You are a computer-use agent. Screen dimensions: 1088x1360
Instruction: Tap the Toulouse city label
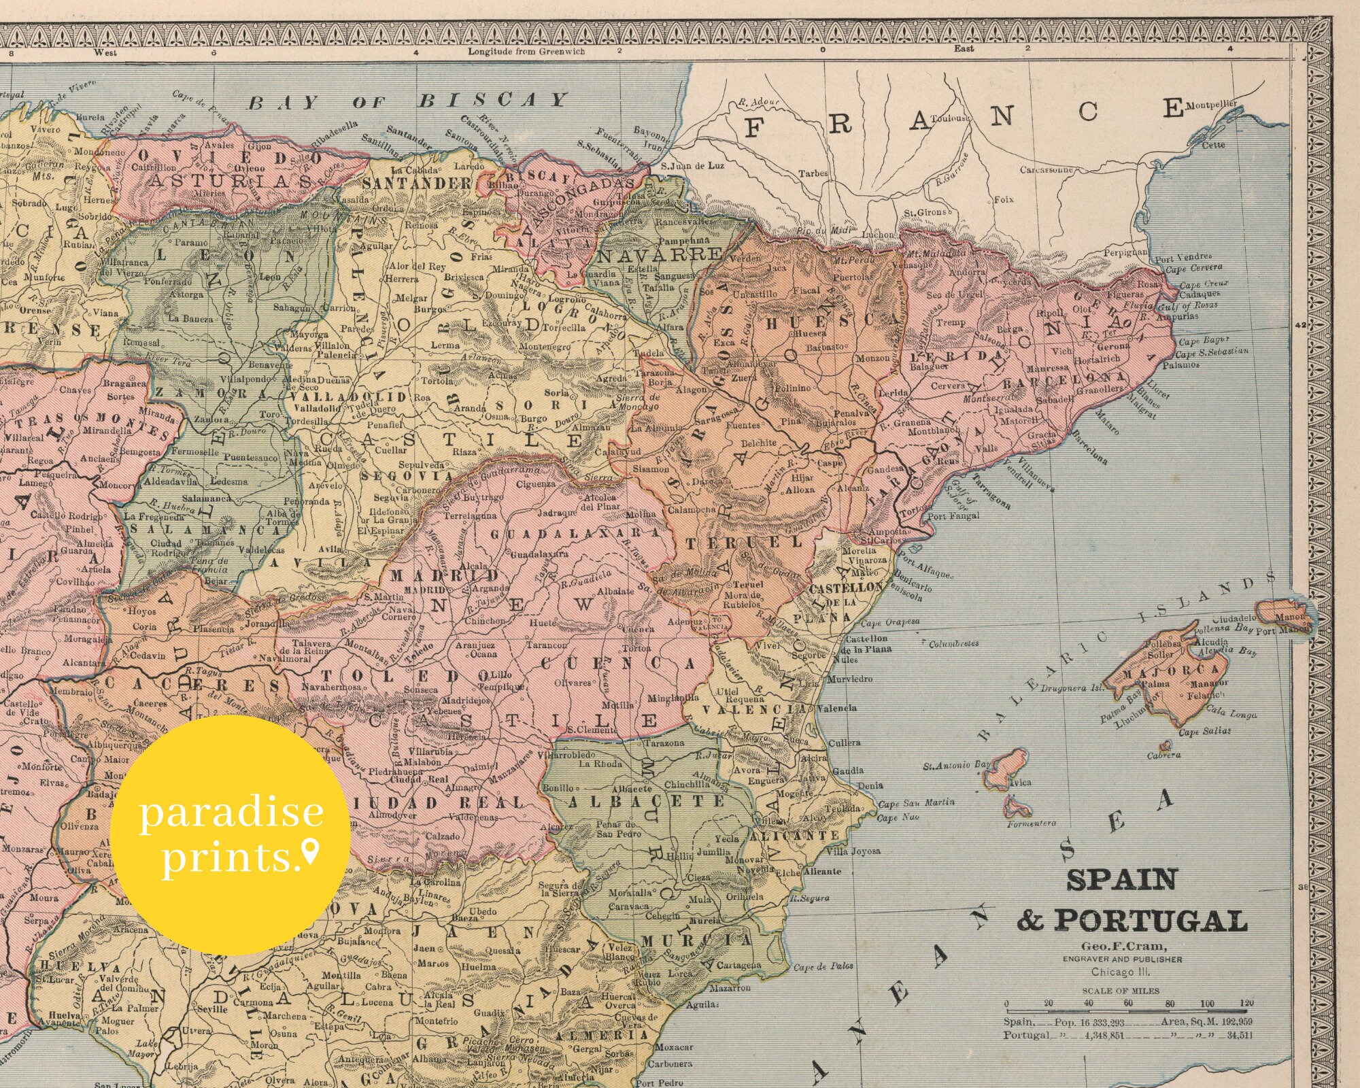[x=950, y=118]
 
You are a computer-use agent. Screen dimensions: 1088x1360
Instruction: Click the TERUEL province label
[x=745, y=543]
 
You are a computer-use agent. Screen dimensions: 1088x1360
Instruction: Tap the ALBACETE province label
[x=646, y=802]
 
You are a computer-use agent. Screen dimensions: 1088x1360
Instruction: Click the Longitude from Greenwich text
[x=526, y=52]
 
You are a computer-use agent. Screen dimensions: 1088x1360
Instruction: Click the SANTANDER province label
[x=417, y=184]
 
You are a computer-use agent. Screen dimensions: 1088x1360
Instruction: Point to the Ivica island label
[x=1020, y=783]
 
